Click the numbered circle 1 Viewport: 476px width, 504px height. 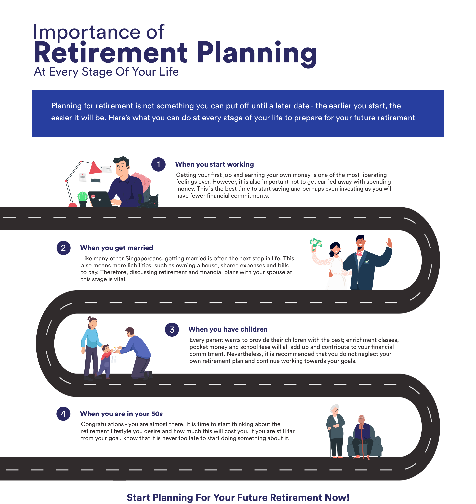click(158, 164)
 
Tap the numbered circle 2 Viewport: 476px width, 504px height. click(63, 248)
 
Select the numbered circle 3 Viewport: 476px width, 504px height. click(172, 330)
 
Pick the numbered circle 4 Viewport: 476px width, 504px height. click(63, 414)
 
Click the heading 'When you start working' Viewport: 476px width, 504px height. click(214, 164)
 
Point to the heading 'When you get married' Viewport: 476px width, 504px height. click(117, 248)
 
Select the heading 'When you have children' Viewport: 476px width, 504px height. click(228, 329)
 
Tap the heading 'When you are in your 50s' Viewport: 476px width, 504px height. click(121, 414)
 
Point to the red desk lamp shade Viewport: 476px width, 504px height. click(95, 168)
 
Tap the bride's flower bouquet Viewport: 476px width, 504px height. click(316, 242)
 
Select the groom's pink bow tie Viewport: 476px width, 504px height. click(359, 254)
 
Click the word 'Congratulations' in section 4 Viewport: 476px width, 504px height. click(102, 424)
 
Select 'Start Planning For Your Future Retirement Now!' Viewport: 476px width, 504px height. click(238, 497)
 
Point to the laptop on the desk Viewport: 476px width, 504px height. click(99, 199)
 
